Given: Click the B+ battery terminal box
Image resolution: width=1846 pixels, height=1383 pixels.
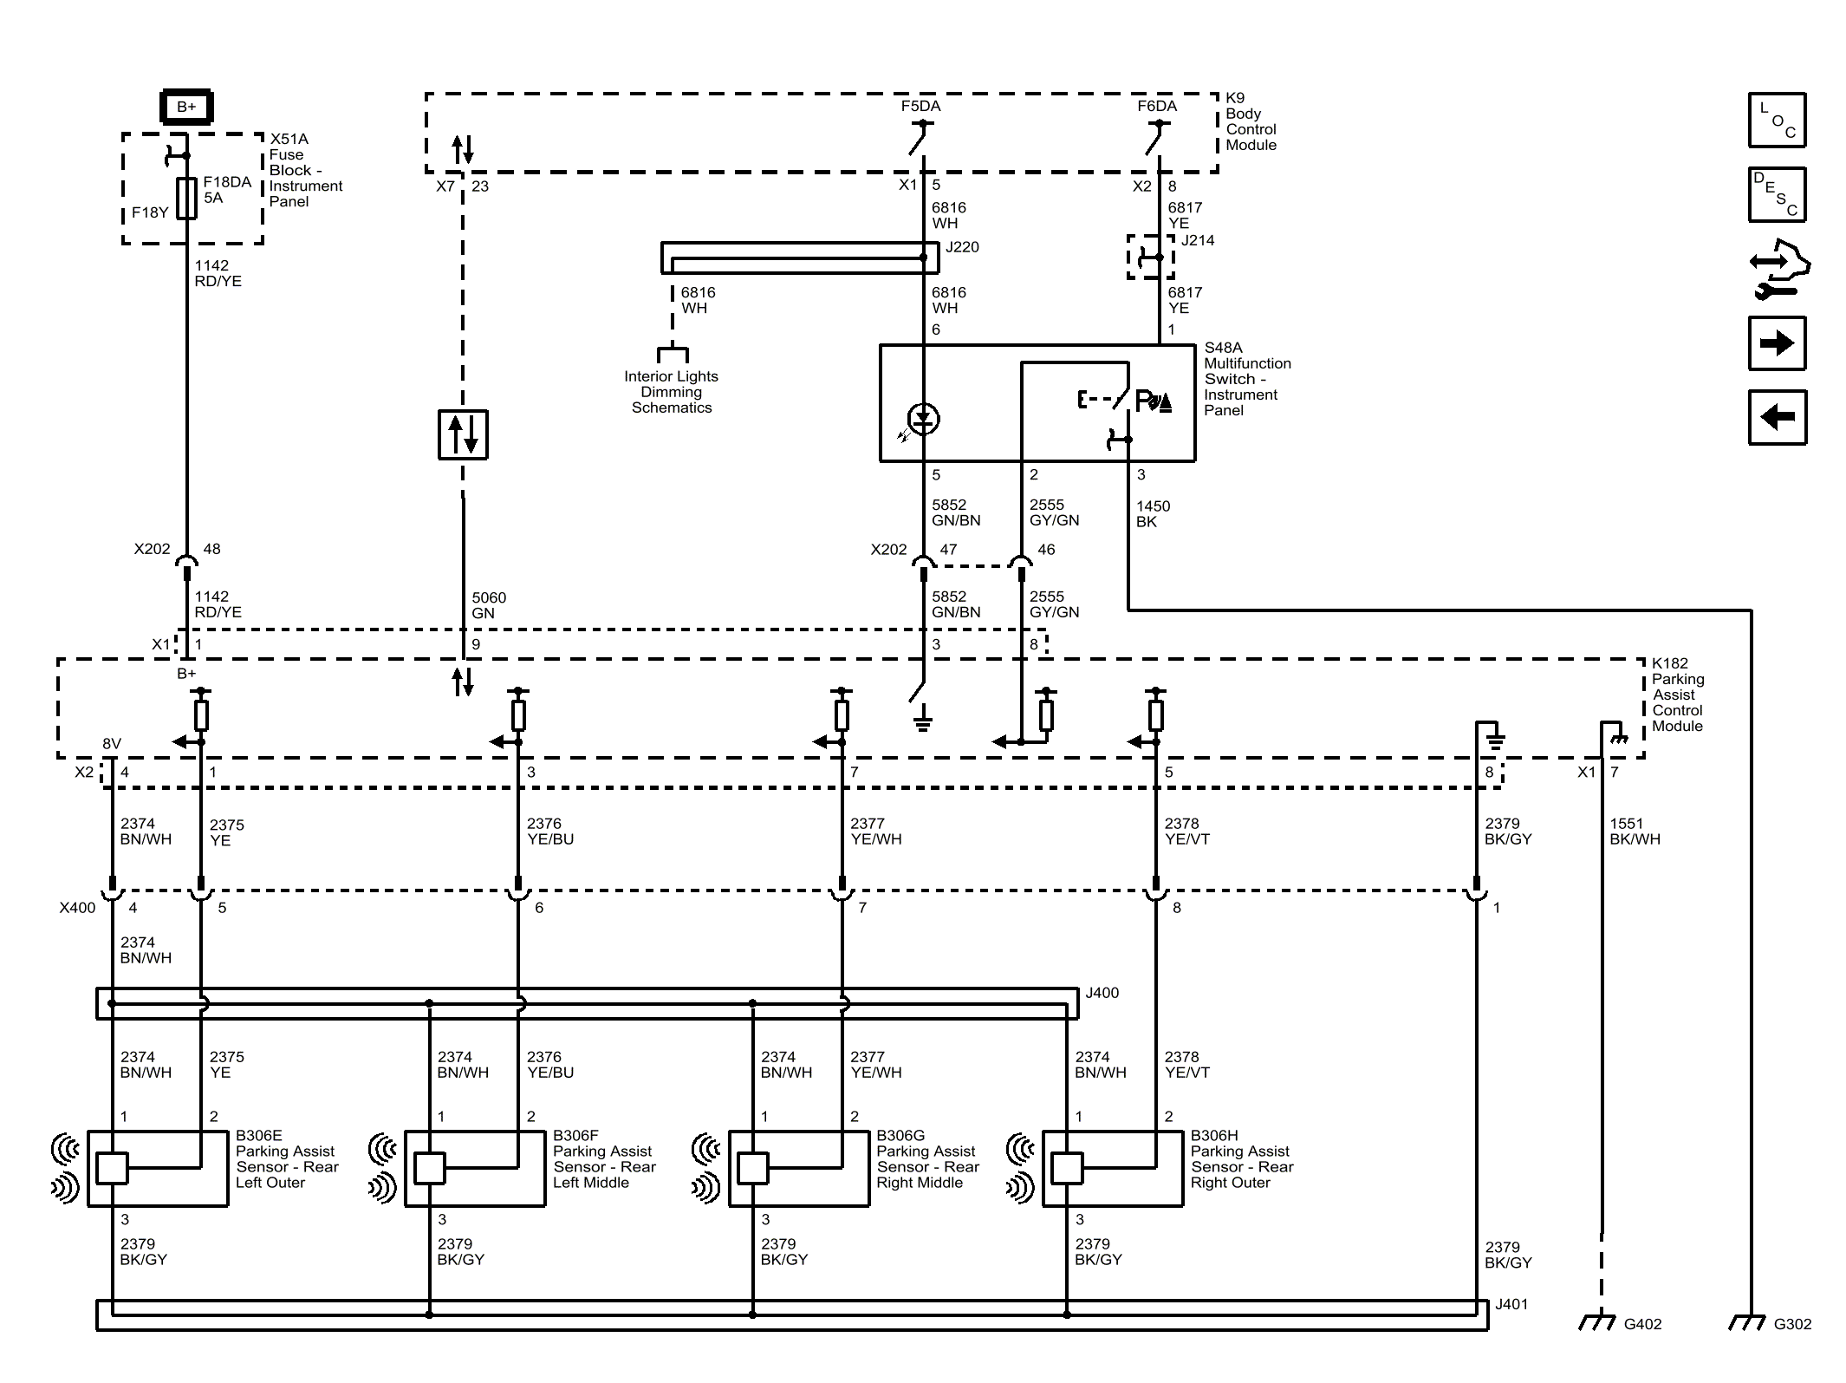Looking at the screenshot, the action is tap(186, 107).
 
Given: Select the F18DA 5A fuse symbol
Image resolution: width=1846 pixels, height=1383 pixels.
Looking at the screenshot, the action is tap(186, 199).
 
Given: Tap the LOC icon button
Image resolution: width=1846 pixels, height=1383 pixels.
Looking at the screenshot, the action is tap(1777, 120).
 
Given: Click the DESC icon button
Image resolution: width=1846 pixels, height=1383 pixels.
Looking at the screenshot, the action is tap(1777, 194).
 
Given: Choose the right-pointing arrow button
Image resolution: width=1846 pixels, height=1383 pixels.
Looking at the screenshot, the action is tap(1777, 343).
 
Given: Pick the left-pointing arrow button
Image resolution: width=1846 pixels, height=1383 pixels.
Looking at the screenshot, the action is tap(1777, 417).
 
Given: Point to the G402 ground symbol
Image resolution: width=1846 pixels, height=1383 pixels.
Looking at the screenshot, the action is tap(1598, 1321).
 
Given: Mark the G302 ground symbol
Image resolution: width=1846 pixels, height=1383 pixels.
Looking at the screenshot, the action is tap(1748, 1321).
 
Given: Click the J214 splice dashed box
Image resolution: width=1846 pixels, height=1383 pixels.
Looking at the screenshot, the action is tap(1150, 257).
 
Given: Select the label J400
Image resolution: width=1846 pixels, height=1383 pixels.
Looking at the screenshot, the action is tap(1102, 993).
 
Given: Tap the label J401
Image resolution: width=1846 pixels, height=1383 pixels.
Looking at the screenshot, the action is tap(1511, 1304).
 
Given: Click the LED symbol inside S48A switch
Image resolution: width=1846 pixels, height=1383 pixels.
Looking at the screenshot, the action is tap(924, 419).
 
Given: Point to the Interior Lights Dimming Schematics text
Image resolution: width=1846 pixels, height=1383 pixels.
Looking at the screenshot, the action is tap(672, 392).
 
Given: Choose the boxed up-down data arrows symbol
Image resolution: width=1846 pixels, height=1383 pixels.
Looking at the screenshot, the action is tap(463, 434).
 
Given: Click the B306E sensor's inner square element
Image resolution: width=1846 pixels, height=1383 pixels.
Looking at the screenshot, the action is tap(112, 1168).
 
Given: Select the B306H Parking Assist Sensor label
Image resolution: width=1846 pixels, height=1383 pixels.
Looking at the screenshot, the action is tap(1241, 1159).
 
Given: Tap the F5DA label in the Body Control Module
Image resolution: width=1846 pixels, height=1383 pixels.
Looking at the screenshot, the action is tap(920, 106).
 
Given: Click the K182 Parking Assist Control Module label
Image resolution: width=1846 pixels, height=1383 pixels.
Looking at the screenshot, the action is tap(1678, 695).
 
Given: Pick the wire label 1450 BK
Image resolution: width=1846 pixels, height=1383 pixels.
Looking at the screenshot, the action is tap(1153, 513).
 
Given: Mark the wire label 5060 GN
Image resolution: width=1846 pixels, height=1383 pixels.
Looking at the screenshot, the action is tap(489, 605).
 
